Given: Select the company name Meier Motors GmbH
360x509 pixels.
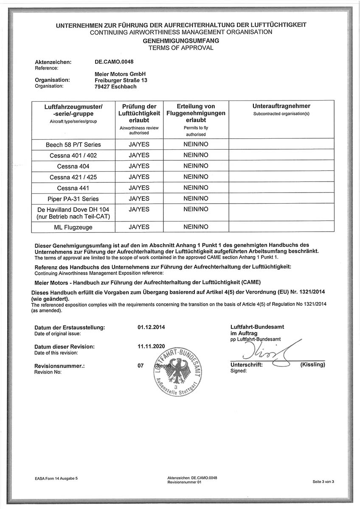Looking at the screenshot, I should (x=121, y=74).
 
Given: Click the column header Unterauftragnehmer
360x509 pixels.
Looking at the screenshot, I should (x=281, y=106).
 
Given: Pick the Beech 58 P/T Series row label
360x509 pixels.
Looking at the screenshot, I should (x=73, y=145).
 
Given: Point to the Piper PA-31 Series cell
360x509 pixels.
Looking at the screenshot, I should (x=73, y=199).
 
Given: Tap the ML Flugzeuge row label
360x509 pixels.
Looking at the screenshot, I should (x=73, y=227).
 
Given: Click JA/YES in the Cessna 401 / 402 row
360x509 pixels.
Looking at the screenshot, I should (x=139, y=155).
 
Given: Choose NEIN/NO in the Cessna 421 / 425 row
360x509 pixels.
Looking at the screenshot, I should (x=196, y=177).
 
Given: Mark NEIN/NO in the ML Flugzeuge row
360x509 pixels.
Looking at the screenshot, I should (x=196, y=227).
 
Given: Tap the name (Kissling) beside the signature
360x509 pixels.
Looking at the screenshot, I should (x=312, y=365).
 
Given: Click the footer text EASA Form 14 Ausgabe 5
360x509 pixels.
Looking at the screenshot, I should (x=56, y=478).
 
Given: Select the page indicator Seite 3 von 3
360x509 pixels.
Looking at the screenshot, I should (x=323, y=481).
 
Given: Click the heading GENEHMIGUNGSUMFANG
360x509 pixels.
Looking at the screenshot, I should (x=181, y=41).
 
